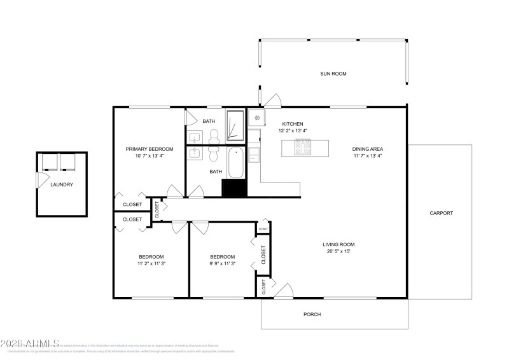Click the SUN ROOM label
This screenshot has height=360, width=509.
click(333, 74)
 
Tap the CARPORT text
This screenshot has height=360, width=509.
click(441, 213)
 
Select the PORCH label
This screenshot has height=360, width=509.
click(312, 314)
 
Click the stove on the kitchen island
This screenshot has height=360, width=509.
click(302, 148)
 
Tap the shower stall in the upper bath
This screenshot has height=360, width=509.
click(235, 125)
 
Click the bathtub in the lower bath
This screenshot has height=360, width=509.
click(235, 163)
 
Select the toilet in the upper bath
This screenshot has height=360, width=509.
click(214, 134)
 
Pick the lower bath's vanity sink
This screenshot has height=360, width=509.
click(195, 153)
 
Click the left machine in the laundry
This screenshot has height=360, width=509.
click(49, 163)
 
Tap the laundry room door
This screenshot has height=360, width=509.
click(39, 181)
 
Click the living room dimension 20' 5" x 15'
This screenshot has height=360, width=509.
click(338, 251)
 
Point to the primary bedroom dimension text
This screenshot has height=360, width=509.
click(150, 156)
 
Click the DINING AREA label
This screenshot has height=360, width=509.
click(367, 149)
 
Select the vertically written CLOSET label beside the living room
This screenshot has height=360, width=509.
click(263, 255)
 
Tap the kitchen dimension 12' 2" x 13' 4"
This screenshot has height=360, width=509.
click(293, 130)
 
